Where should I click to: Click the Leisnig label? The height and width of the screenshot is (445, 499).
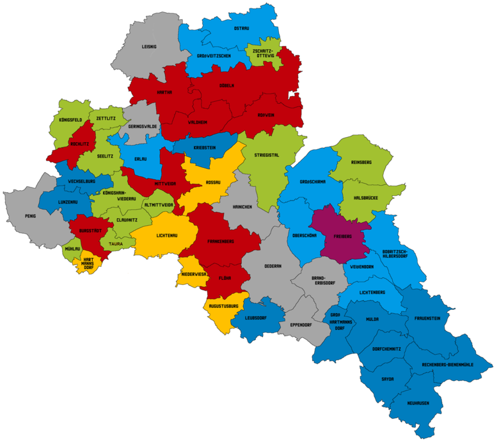pos(149,47)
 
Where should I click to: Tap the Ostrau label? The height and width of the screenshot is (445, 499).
pos(241,28)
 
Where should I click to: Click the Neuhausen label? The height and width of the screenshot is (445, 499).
pos(418,403)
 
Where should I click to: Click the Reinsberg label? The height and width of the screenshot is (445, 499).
pos(361,163)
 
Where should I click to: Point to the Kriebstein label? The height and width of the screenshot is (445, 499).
pos(205,147)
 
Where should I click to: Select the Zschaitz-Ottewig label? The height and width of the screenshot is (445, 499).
pos(264,53)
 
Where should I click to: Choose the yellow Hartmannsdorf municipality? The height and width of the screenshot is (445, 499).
pos(88,263)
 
